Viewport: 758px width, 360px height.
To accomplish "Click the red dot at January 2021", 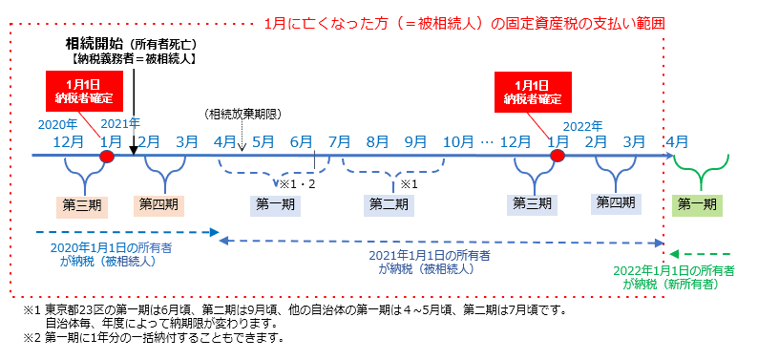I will pos(108,156).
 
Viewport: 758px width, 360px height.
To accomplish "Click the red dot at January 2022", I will pos(558,156).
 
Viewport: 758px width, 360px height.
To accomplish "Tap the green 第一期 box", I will pos(698,203).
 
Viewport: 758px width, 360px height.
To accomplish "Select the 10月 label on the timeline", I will pos(456,141).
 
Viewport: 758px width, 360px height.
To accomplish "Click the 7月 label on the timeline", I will pos(338,141).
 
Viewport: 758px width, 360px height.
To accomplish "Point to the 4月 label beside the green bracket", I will pos(677,141).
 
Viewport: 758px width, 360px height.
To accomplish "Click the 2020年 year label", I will pos(57,124).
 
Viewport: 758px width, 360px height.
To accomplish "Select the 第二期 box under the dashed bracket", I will pos(390,203).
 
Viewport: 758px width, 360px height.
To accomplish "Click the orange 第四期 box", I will pos(158,202).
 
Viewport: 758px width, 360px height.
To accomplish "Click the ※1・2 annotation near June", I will pos(296,182).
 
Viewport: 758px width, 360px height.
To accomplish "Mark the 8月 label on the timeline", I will pos(377,141).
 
